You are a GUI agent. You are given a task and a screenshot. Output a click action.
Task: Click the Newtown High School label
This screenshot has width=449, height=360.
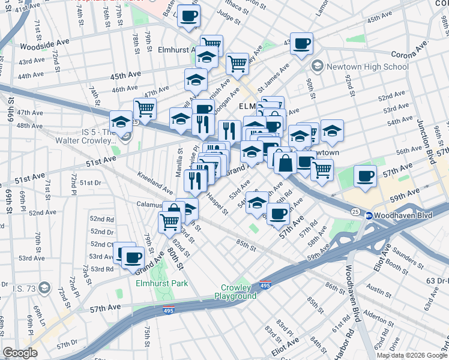(x=367, y=67)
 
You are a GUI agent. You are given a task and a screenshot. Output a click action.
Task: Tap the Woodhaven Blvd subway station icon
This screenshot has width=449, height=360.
(x=370, y=215)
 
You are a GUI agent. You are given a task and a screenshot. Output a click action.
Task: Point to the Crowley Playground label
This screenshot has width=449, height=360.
(x=239, y=292)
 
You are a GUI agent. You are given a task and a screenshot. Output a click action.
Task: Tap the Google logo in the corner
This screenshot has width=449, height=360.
(x=20, y=352)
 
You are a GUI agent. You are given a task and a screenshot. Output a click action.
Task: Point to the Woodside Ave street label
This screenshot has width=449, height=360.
(x=41, y=46)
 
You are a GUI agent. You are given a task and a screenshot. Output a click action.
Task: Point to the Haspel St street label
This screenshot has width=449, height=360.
(x=217, y=203)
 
